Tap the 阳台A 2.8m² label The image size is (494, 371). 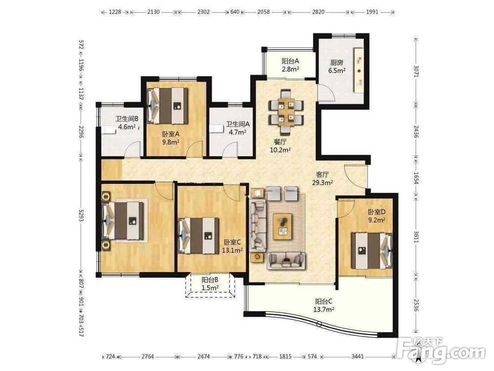point(290,65)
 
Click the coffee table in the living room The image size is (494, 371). point(283,226)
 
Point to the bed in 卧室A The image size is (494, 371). point(167,105)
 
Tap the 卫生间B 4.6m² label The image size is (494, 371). point(127,123)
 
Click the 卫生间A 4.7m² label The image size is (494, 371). point(238,128)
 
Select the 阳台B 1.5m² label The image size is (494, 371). point(210,283)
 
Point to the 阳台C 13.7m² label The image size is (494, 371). point(324,305)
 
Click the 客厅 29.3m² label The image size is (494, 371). point(323,178)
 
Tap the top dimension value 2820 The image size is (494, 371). point(318,12)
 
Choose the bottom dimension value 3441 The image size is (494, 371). point(358,357)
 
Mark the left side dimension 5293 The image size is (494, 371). point(81,216)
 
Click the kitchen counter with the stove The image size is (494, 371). point(359,71)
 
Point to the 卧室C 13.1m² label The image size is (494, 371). point(233,246)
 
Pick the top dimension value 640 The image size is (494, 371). point(235,12)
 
